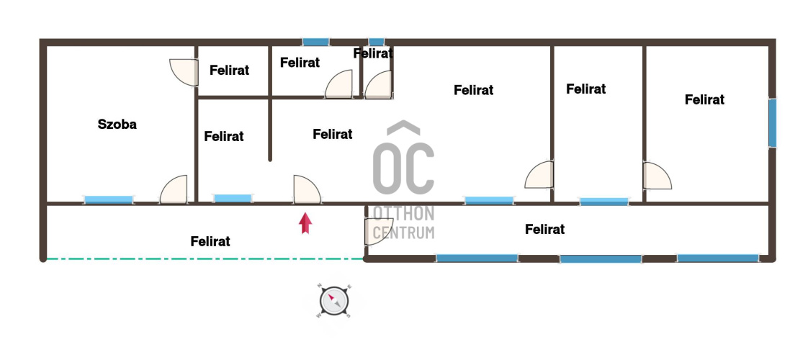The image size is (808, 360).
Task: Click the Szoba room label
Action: (117, 124)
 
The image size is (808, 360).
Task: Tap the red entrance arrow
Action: (305, 223)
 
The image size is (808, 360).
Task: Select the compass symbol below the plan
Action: (334, 301)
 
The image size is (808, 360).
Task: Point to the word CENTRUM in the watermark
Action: (403, 233)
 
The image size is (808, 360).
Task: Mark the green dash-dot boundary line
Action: (205, 258)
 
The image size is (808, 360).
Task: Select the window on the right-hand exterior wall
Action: (773, 123)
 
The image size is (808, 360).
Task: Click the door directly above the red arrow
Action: (307, 189)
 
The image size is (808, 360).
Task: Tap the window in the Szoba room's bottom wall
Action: (108, 199)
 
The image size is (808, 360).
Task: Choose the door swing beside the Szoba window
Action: (174, 189)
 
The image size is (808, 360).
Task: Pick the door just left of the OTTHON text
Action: (378, 231)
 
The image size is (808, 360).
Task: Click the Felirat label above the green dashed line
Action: (210, 241)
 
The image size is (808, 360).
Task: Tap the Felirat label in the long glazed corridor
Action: (544, 229)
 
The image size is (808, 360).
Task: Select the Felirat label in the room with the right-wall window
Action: (704, 99)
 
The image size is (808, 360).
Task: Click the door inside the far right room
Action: (657, 176)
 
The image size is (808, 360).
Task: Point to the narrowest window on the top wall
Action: (376, 42)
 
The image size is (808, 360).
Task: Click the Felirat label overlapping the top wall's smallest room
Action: (373, 53)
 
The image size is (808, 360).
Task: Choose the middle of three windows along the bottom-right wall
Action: (601, 258)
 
